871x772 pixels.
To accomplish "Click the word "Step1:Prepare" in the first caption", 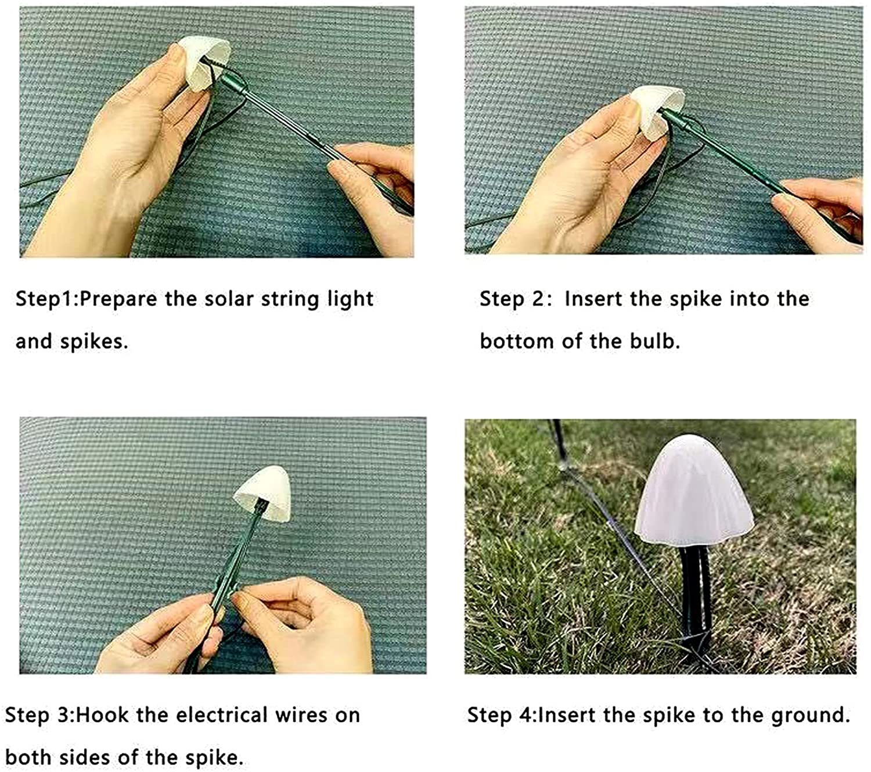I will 86,299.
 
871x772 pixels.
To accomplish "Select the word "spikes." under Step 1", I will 93,341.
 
